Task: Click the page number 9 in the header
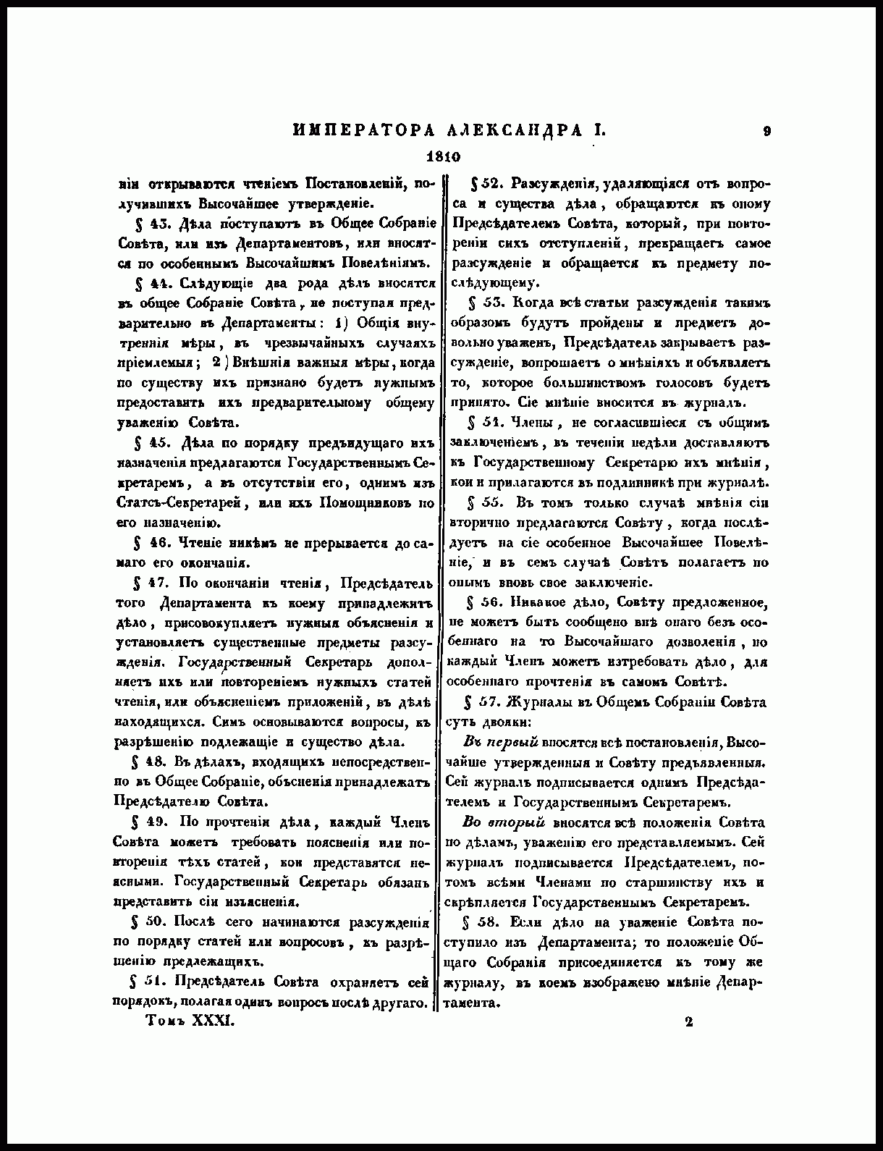point(766,131)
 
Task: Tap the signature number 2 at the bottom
point(688,1021)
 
